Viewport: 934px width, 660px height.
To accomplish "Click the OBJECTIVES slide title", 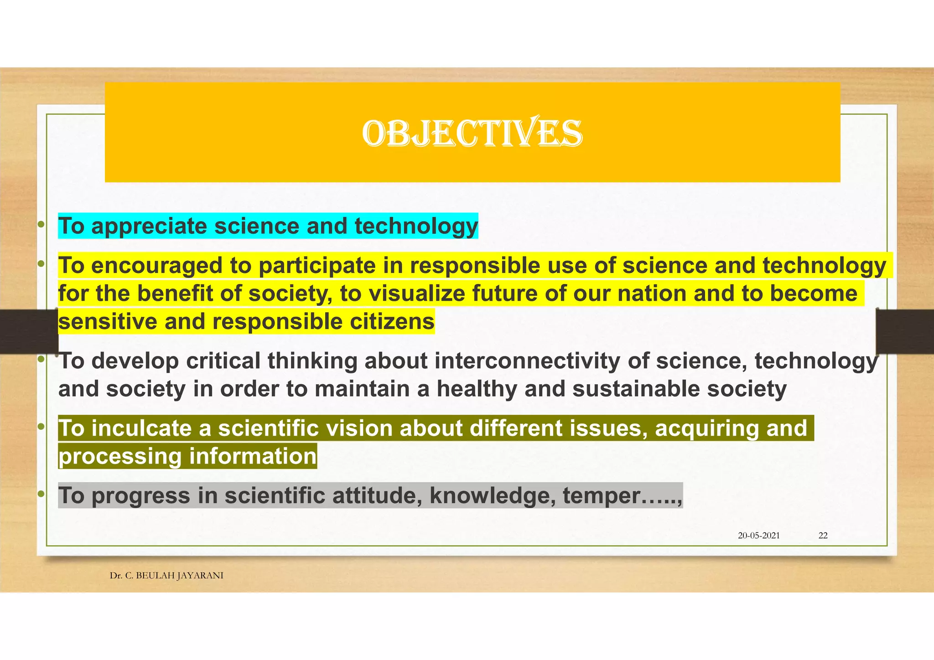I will [472, 133].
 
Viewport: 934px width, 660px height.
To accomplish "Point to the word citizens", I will [392, 322].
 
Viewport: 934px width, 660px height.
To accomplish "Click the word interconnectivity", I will [527, 361].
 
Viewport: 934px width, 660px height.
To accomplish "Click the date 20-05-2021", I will [758, 536].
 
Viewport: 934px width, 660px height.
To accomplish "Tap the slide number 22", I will [823, 536].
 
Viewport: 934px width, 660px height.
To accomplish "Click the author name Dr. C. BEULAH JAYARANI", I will [166, 576].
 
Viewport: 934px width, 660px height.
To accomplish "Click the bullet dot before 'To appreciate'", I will [41, 224].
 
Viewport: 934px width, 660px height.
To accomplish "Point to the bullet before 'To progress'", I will [41, 494].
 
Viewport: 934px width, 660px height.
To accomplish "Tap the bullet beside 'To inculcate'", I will [41, 427].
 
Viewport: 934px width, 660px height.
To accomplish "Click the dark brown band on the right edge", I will [905, 331].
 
